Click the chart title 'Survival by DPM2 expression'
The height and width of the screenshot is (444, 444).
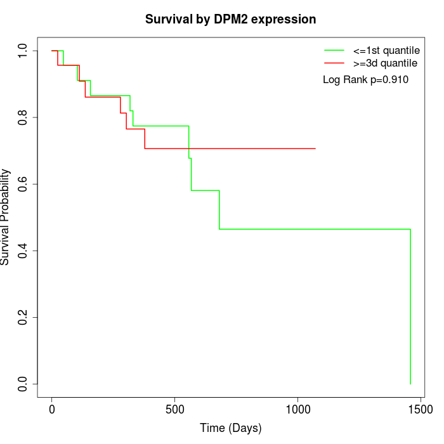230,19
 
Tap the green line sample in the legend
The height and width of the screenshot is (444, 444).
334,50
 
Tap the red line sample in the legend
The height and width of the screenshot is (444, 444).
334,63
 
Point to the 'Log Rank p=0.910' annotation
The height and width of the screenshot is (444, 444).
365,80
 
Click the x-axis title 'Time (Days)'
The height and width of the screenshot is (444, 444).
230,428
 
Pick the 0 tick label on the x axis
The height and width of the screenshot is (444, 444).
52,410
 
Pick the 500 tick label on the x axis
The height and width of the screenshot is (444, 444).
174,410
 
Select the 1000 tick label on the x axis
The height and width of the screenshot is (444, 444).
297,410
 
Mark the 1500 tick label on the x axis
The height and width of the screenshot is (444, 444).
420,410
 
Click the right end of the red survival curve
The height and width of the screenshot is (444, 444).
315,148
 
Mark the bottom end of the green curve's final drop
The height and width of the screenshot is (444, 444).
410,384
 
